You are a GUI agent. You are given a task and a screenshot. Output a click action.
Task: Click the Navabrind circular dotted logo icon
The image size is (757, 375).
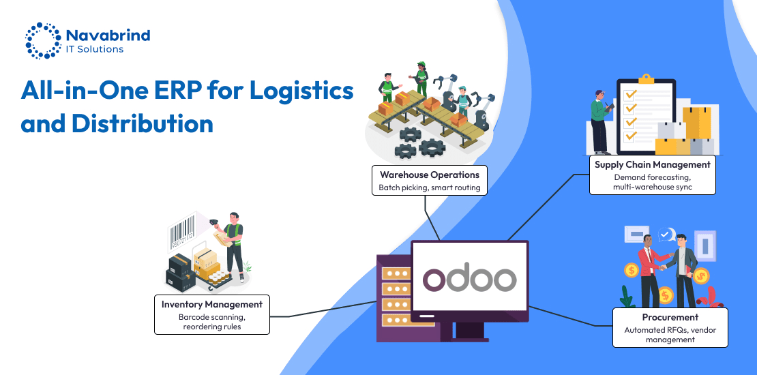coord(42,41)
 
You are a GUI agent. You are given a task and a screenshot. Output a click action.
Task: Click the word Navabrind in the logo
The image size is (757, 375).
coord(108,35)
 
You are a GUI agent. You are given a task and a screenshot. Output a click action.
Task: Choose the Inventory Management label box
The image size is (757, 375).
coord(211,314)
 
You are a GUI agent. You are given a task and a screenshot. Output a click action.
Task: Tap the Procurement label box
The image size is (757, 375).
coord(670,327)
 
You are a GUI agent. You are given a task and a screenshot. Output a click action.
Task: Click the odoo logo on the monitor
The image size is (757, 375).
coord(469,279)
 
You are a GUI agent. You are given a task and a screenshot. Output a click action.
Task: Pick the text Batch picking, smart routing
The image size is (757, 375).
coord(430,187)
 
